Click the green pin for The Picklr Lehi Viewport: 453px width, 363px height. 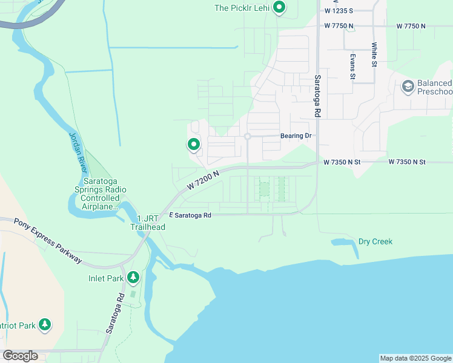click(x=279, y=8)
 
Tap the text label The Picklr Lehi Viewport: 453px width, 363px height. click(x=242, y=8)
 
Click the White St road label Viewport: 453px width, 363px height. click(x=375, y=54)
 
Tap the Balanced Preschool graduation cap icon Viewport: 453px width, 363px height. click(x=408, y=87)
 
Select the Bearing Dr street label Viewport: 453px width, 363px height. click(x=296, y=136)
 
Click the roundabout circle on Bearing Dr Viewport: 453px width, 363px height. click(x=248, y=137)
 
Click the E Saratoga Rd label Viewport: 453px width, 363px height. click(x=190, y=215)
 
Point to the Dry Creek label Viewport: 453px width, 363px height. click(x=375, y=241)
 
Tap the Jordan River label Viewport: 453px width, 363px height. click(x=74, y=151)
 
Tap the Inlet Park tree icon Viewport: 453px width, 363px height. click(x=133, y=278)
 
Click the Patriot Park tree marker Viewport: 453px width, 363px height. click(x=45, y=325)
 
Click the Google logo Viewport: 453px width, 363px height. click(x=19, y=356)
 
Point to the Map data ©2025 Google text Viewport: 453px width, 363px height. click(x=415, y=358)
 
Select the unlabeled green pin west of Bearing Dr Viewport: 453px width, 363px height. click(x=194, y=145)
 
